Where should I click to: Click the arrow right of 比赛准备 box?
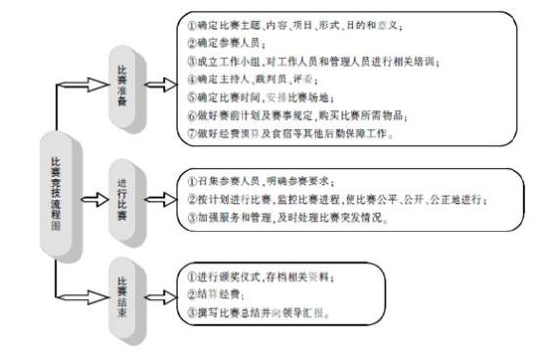pyautogui.click(x=161, y=80)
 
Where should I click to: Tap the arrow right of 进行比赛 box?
pyautogui.click(x=161, y=194)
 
